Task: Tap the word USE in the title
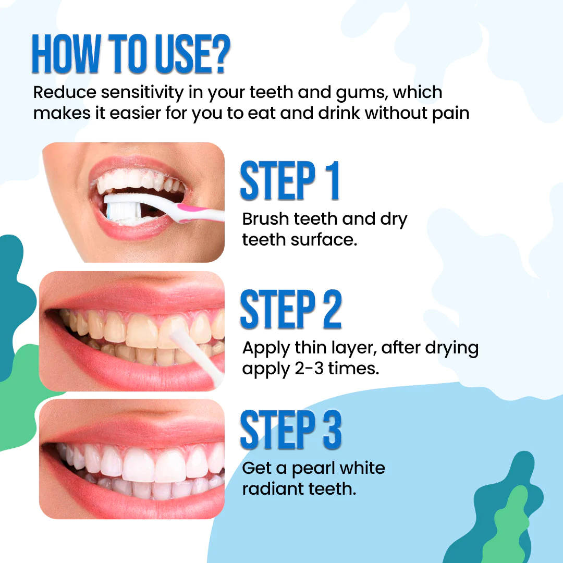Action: [183, 54]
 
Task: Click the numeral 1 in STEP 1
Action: [333, 180]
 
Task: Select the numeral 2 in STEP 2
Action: [332, 309]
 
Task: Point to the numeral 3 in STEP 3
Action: [332, 430]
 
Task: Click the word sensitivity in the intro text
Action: [142, 92]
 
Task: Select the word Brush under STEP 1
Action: [265, 218]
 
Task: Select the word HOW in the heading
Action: [65, 54]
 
